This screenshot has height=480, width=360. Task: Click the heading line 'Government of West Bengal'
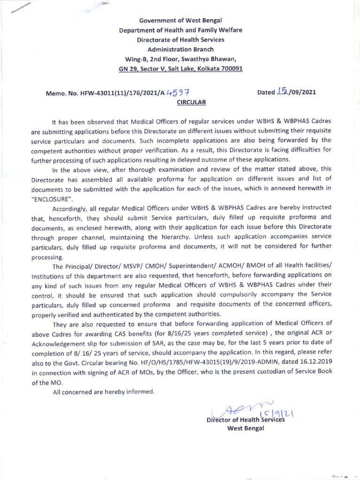point(180,21)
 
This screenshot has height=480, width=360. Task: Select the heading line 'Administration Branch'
point(180,49)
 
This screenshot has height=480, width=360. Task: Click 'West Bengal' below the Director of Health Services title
point(246,428)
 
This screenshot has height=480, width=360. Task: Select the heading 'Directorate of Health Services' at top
point(180,40)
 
